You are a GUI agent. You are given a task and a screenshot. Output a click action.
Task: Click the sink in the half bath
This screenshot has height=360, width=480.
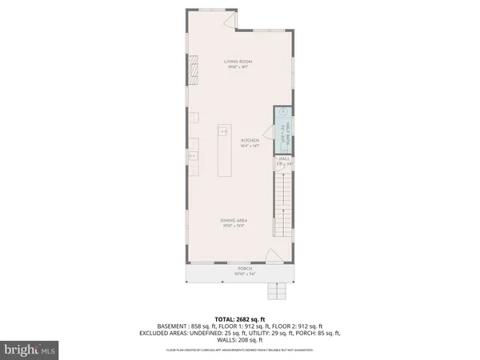click(283, 114)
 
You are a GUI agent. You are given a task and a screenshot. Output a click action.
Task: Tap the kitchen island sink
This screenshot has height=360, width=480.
click(225, 130)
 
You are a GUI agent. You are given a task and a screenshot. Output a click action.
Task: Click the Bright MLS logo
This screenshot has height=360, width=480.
click(30, 350)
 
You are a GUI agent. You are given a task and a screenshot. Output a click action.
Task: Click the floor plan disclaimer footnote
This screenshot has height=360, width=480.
click(240, 350)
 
